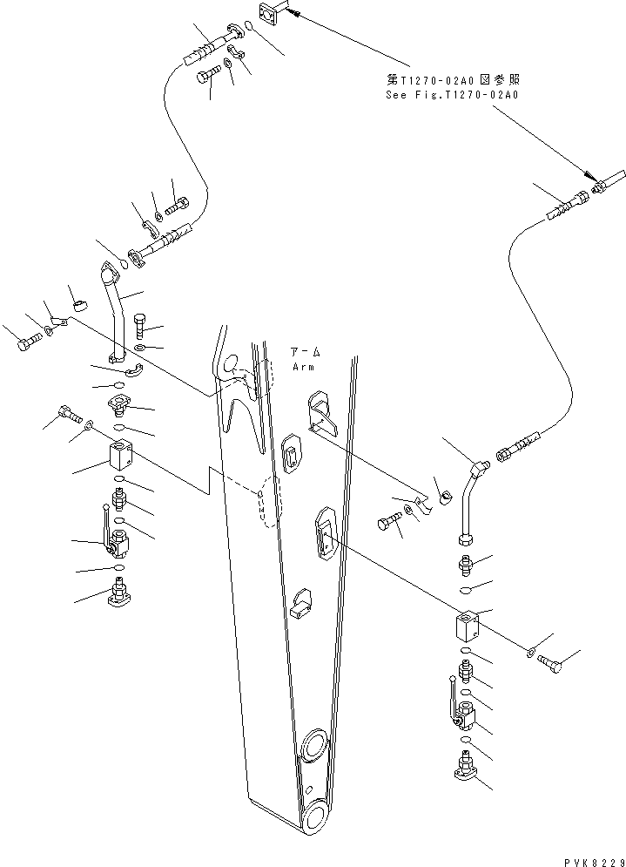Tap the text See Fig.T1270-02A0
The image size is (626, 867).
[x=452, y=95]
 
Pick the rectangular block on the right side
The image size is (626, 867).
[x=468, y=627]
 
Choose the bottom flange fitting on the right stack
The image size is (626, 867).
[x=467, y=769]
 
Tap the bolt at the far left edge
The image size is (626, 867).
[x=28, y=343]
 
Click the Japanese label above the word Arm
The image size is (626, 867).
[x=306, y=353]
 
